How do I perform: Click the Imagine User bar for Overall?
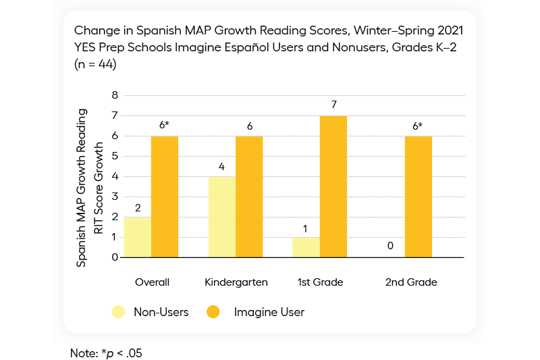coord(165,197)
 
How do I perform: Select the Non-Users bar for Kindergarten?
coord(222,217)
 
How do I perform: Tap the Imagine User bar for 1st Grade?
coord(333,186)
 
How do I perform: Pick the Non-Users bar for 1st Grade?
coord(306,247)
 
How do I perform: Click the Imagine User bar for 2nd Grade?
coord(418,197)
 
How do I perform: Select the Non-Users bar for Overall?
coord(137,237)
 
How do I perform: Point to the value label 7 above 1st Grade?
coord(333,105)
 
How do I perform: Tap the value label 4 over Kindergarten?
coord(222,165)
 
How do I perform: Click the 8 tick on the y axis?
coord(115,95)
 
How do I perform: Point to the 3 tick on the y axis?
coord(115,197)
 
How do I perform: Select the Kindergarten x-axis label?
coord(236,282)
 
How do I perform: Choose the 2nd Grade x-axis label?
coord(411,282)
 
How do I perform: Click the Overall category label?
coord(152,282)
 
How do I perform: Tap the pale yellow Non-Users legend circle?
coord(119,312)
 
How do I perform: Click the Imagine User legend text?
coord(269,312)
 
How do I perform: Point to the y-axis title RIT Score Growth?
coord(99,188)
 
